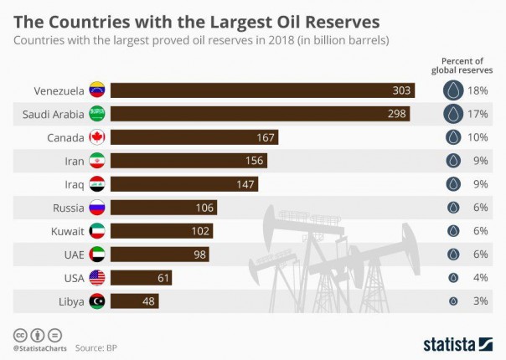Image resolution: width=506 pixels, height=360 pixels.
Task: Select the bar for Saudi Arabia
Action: (260, 114)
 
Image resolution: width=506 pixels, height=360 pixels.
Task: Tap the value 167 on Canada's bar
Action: (264, 137)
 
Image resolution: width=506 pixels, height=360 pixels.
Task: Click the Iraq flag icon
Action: (96, 184)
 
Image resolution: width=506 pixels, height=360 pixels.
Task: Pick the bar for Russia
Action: (163, 208)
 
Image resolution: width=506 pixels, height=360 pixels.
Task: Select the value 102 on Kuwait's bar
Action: (200, 231)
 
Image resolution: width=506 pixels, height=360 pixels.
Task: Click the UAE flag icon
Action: (96, 255)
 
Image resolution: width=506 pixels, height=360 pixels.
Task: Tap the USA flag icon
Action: (96, 278)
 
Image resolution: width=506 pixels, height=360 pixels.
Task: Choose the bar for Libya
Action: (134, 301)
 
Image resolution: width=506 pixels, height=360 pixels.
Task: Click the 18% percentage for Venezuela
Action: (479, 90)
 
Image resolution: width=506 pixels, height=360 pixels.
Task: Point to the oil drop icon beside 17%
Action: (453, 114)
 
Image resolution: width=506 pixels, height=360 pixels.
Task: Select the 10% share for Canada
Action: (479, 137)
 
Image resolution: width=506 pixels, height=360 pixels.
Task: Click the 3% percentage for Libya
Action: (479, 301)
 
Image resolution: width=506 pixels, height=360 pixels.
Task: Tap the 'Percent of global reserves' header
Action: (463, 65)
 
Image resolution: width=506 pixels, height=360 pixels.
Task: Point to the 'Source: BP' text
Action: (95, 346)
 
